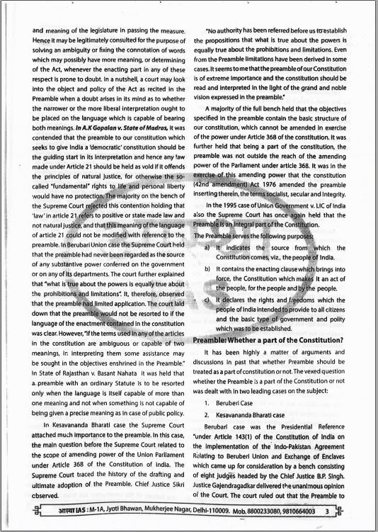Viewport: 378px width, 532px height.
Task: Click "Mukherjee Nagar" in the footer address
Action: (x=149, y=511)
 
